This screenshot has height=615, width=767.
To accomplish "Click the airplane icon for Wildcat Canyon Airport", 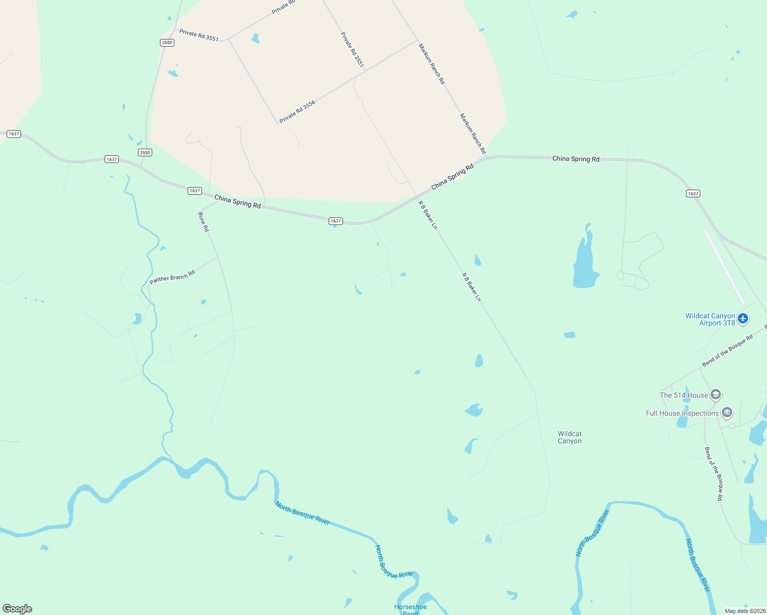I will (743, 319).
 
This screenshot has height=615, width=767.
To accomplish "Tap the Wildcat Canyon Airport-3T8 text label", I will (710, 319).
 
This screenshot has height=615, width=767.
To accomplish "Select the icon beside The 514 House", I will (716, 395).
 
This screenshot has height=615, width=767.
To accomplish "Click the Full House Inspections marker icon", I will (726, 413).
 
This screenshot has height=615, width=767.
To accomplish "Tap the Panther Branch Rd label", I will (172, 277).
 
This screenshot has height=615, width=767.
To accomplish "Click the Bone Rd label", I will (204, 221).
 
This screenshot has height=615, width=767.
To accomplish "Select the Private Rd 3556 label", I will (297, 112).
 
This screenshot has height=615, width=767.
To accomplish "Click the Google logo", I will (17, 609).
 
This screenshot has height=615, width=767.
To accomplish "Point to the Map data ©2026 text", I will (744, 611).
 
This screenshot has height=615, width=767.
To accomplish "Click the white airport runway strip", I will (724, 266).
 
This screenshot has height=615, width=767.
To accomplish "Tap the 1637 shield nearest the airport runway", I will (693, 194).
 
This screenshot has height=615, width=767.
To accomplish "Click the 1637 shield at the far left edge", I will (14, 134).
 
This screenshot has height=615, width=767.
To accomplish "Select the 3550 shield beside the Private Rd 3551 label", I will (167, 43).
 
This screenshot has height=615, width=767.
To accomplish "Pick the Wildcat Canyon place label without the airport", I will (570, 437).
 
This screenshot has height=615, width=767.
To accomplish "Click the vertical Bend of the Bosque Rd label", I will (713, 474).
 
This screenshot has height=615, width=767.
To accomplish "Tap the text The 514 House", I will (683, 395).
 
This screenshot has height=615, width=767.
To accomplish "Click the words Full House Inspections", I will (682, 413).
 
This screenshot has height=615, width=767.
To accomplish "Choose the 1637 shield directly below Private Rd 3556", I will (335, 221).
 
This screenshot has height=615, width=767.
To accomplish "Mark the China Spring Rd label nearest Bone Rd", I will (237, 201).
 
